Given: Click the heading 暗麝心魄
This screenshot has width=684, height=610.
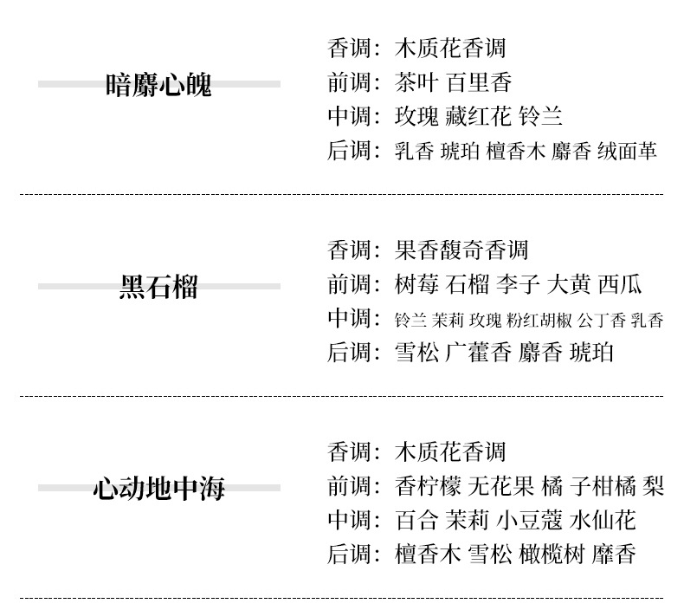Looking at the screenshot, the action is point(158,84).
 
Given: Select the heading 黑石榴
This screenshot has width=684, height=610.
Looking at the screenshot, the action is point(158,287).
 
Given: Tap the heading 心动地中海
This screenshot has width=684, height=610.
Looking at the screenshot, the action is point(158,488).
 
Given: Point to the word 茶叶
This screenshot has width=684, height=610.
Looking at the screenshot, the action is point(416,82).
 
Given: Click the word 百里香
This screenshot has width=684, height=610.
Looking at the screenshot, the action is point(479,82).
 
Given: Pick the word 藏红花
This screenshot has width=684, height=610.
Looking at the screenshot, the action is point(478,117).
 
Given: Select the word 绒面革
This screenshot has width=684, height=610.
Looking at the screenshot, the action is point(627,151).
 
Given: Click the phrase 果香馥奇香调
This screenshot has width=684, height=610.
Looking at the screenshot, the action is point(461,250).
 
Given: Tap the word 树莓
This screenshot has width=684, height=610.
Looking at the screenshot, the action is point(416,284).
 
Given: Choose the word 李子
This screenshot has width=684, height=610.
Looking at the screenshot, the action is point(518,284).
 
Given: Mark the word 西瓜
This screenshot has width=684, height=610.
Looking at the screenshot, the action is point(620,284).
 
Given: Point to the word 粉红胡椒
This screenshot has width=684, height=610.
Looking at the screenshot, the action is point(539,321).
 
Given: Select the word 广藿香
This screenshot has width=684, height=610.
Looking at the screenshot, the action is point(478,353).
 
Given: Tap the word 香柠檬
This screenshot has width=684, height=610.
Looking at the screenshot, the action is point(428,486).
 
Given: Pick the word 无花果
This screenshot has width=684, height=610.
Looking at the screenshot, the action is point(500,486).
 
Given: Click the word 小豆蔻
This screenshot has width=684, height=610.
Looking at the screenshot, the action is point(530,520).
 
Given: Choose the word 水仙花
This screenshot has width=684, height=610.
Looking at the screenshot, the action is point(603,520).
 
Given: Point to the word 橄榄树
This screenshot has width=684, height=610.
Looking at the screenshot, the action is point(552,555).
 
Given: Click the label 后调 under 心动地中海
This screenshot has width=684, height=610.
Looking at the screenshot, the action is point(349,555).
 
